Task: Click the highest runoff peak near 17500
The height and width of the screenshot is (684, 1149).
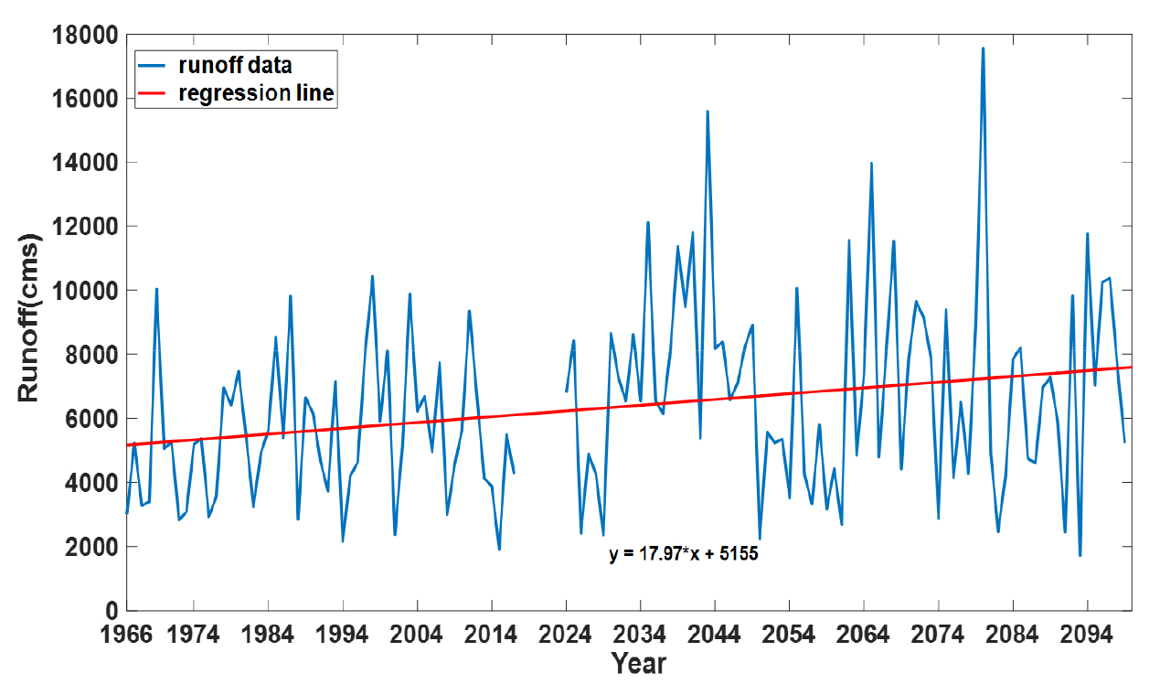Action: [x=983, y=48]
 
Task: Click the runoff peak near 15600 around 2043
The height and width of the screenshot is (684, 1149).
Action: [x=707, y=112]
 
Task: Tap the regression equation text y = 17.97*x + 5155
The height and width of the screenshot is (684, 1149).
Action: [x=684, y=554]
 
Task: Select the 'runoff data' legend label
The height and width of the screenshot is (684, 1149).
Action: [x=235, y=65]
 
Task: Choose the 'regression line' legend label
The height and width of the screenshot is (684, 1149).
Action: [x=257, y=94]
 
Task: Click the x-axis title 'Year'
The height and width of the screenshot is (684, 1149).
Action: [x=639, y=663]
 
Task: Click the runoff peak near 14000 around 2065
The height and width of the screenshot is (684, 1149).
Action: [x=871, y=164]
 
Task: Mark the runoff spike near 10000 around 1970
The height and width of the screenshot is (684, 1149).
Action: [x=156, y=289]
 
